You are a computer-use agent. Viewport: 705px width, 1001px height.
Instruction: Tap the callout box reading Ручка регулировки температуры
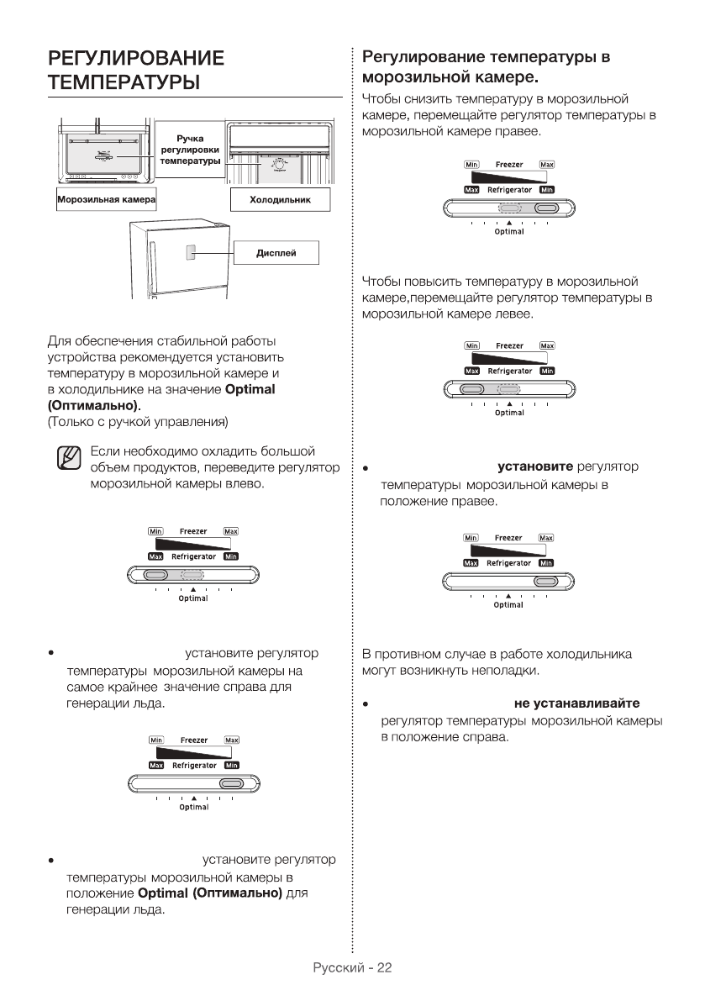point(190,149)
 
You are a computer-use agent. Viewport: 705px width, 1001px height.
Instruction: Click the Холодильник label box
point(281,200)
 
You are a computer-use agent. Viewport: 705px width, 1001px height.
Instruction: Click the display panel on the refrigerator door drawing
point(192,252)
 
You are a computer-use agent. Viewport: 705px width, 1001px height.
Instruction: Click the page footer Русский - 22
point(352,967)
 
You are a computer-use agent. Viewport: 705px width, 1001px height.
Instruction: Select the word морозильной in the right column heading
point(408,79)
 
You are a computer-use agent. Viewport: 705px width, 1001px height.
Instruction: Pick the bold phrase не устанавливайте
point(581,703)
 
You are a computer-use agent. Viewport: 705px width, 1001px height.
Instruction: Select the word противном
point(411,654)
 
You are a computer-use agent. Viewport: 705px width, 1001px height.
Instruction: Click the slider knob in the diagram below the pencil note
point(156,575)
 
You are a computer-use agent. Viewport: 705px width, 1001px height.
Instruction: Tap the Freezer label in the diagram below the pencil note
point(193,532)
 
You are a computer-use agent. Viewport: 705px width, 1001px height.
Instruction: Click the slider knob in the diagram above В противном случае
point(545,582)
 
